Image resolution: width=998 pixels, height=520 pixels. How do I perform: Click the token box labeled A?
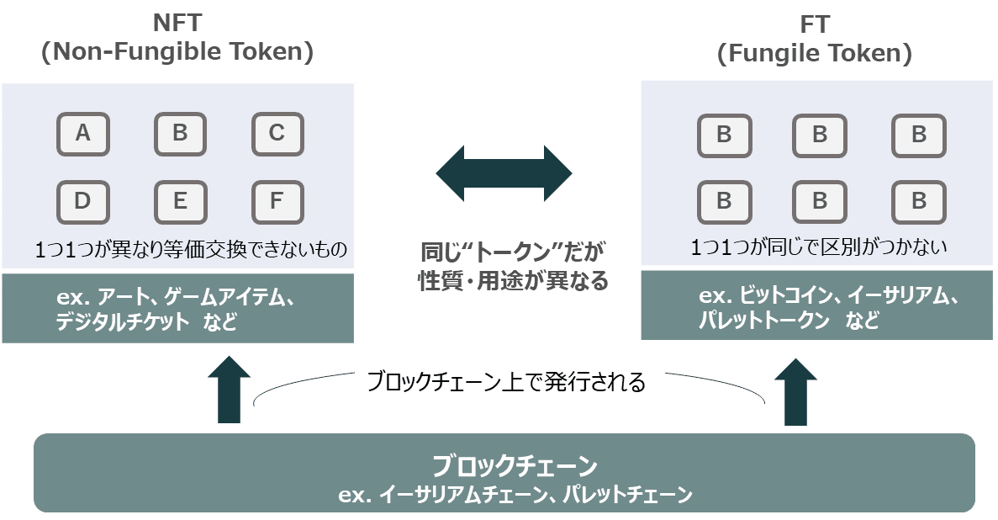(82, 134)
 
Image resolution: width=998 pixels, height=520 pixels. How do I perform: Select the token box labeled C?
(277, 134)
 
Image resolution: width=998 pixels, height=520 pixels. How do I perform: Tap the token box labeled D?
(82, 202)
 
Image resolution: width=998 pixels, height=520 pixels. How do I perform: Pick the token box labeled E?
(180, 202)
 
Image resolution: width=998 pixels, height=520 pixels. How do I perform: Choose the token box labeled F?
(277, 202)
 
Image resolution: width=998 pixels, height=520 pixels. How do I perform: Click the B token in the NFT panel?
(180, 134)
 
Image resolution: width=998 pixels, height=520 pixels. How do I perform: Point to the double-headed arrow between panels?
(504, 173)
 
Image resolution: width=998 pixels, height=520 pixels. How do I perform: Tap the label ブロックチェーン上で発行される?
(506, 383)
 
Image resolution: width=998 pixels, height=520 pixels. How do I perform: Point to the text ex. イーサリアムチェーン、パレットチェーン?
(515, 494)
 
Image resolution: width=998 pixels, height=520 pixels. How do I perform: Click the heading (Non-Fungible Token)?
(177, 52)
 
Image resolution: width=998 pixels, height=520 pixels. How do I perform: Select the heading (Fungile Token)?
(814, 55)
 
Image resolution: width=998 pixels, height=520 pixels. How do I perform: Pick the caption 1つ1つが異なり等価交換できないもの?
(191, 249)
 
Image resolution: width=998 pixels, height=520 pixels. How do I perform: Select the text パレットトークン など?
(789, 321)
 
